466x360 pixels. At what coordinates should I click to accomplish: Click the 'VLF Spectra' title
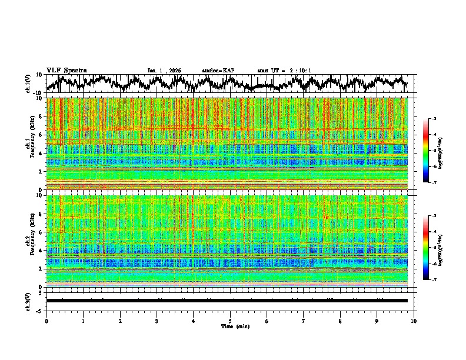click(x=66, y=70)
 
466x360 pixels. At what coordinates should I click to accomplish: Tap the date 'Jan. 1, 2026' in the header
click(x=164, y=71)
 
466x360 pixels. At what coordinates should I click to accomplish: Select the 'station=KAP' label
click(x=218, y=71)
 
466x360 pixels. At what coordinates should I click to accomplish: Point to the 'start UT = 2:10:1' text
click(x=284, y=71)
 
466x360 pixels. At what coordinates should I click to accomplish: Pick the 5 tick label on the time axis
click(x=230, y=321)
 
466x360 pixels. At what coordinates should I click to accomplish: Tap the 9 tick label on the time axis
click(x=377, y=321)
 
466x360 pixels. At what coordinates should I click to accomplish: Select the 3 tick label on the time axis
click(x=157, y=321)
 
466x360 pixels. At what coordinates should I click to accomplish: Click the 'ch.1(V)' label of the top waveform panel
click(x=29, y=84)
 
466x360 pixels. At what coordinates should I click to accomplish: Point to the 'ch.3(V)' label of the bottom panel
click(x=29, y=301)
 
